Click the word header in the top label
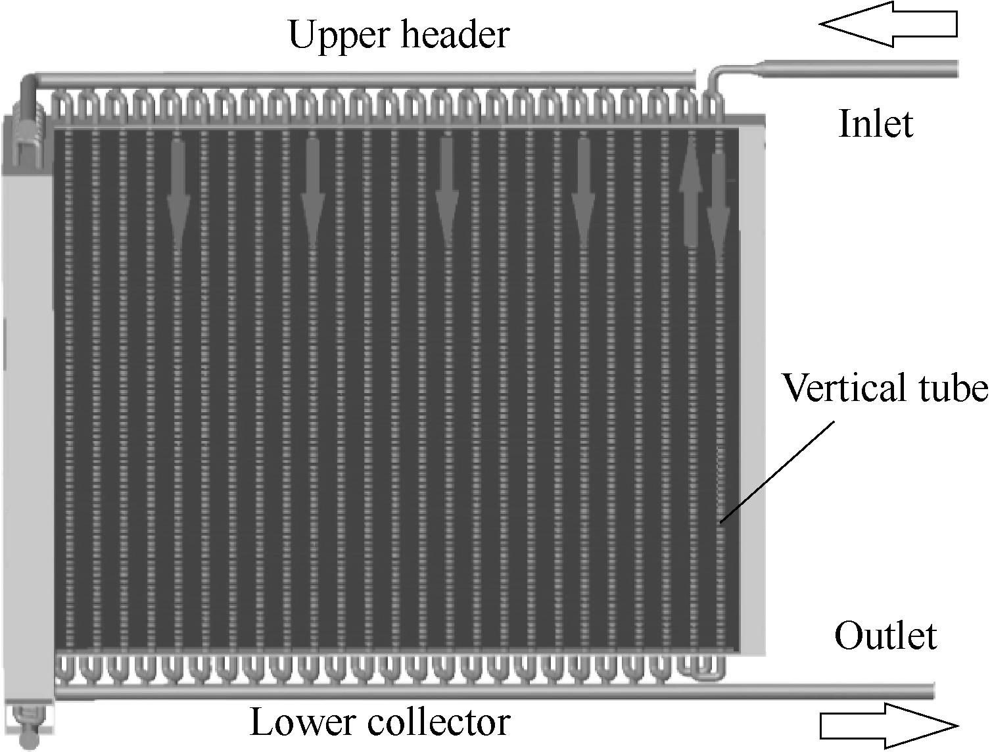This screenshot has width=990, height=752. [455, 34]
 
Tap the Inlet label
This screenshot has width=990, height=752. [876, 124]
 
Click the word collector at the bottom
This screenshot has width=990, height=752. [439, 722]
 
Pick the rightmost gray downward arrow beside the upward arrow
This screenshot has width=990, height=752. [718, 203]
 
